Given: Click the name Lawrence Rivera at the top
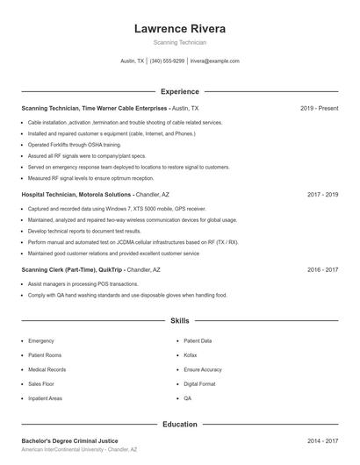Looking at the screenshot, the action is (x=179, y=29).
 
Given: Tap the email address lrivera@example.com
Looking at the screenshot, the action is (x=214, y=61).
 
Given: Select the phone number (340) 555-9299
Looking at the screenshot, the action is (x=167, y=61).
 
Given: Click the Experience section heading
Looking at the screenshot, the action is (x=179, y=91).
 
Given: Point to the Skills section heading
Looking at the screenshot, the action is (x=179, y=322).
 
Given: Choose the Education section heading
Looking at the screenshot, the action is (x=179, y=425).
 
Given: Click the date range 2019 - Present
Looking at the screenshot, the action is (x=319, y=108).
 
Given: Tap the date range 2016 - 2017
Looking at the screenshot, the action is (x=322, y=270).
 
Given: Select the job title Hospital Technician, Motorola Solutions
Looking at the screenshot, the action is (x=76, y=194).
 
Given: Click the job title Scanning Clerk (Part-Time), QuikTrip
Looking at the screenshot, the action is (x=72, y=270).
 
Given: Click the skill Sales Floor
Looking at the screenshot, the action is (x=41, y=383).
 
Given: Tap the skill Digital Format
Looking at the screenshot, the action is (x=200, y=383).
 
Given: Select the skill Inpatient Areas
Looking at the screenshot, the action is (x=45, y=398).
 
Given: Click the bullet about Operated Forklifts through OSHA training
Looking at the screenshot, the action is (x=75, y=145).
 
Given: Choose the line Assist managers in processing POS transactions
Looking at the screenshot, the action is (x=83, y=284).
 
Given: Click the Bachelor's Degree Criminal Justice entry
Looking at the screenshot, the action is (x=69, y=440).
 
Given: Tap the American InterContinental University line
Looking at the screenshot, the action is (x=79, y=449).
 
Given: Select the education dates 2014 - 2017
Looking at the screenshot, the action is (x=322, y=440).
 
